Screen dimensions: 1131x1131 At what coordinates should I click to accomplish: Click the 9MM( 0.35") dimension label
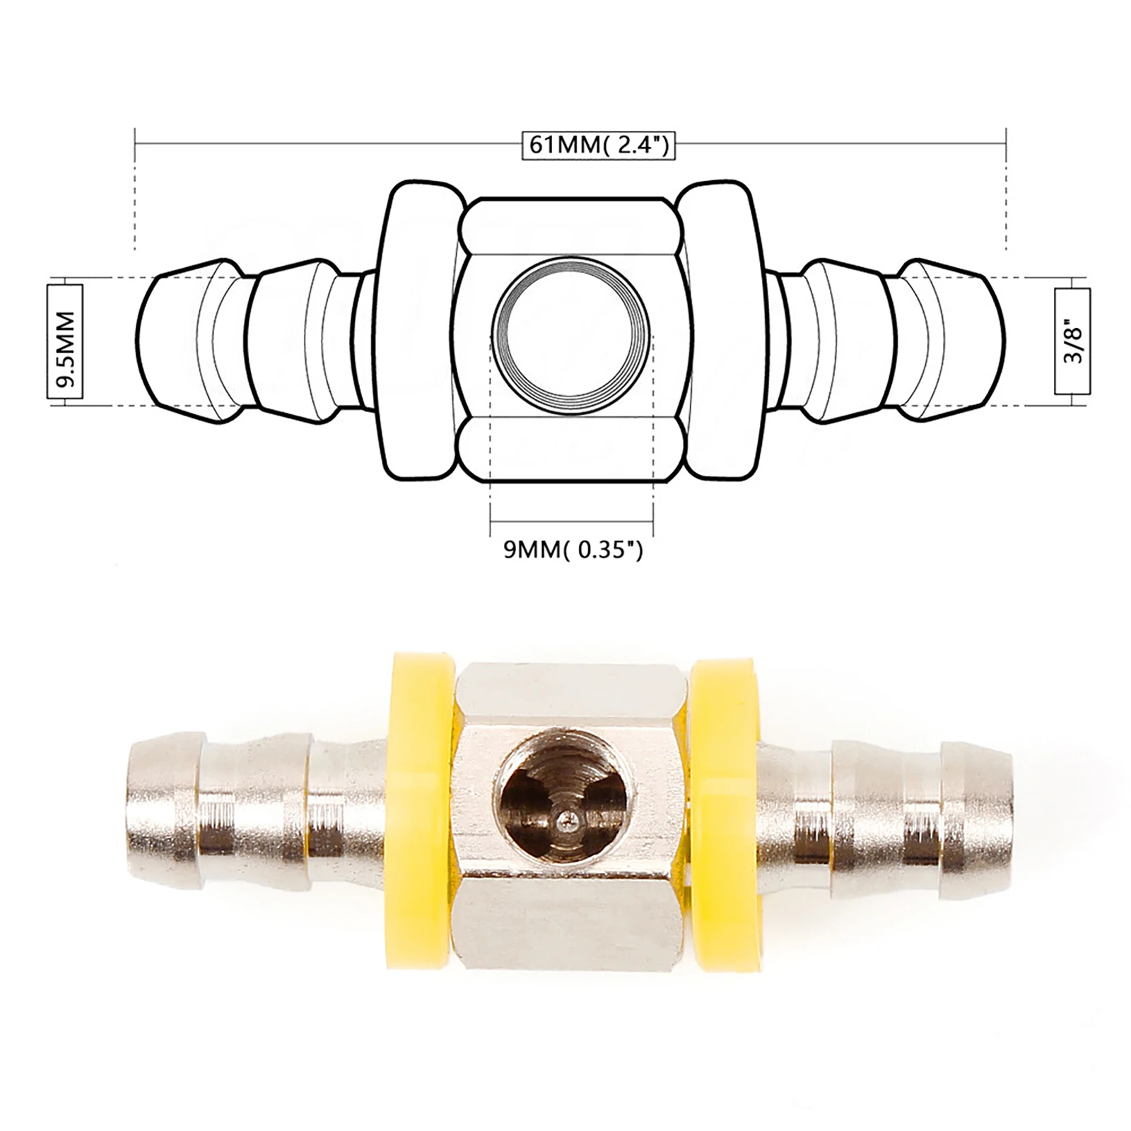click(573, 549)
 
